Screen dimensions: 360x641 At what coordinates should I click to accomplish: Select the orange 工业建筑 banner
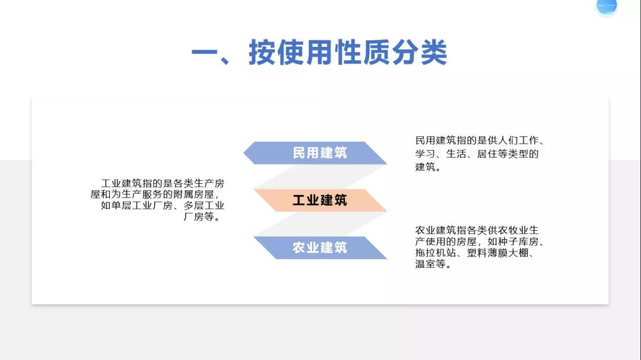click(319, 200)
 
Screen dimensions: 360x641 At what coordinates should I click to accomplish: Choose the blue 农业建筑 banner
click(319, 248)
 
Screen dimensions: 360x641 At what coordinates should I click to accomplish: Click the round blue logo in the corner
click(607, 6)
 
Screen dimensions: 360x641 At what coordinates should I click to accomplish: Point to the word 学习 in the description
click(426, 154)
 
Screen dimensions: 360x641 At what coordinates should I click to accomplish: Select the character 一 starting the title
click(205, 53)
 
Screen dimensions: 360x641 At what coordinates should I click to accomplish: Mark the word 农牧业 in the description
click(513, 230)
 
